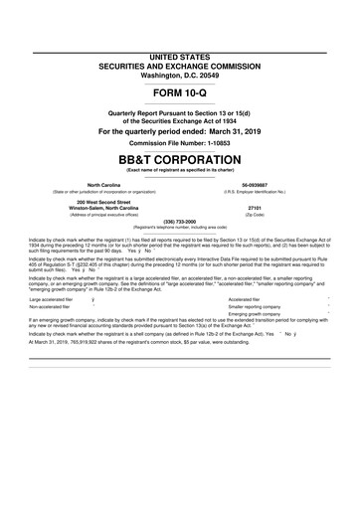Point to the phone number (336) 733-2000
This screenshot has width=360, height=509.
[180, 224]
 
